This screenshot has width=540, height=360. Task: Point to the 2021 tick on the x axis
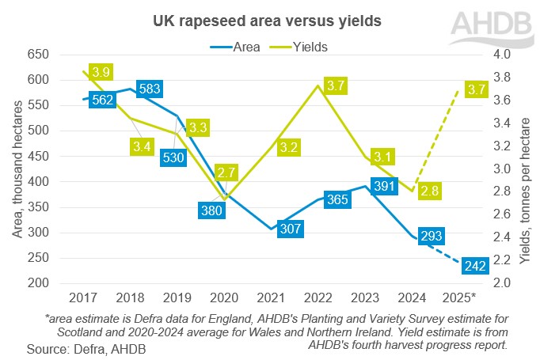click(272, 297)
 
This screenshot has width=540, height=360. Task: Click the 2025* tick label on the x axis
click(460, 297)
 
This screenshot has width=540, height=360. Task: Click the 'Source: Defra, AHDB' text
click(86, 348)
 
